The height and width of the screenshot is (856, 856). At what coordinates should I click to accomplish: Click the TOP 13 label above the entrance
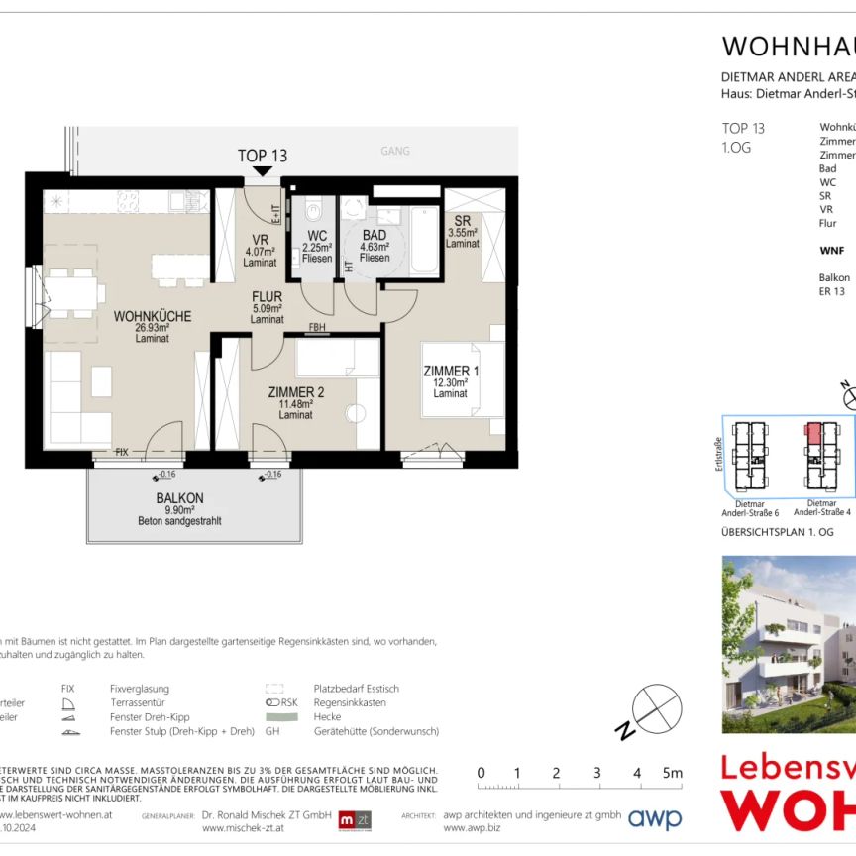263,156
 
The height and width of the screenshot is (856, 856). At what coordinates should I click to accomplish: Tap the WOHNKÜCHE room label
153,317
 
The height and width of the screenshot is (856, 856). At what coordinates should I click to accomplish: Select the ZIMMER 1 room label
451,372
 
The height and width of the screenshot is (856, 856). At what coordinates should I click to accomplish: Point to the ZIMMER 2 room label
296,392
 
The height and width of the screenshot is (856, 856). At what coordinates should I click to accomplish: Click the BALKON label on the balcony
179,499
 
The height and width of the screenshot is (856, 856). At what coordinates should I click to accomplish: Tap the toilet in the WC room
314,210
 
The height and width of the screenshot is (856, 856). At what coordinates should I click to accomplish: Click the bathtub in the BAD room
423,239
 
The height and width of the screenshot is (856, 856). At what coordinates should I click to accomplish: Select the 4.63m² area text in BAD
374,248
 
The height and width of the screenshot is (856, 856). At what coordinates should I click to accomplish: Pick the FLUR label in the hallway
267,296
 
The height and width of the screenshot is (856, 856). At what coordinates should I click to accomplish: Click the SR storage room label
462,221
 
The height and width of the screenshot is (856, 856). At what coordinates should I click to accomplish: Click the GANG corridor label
395,152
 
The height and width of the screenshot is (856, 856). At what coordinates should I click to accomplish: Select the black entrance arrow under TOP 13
263,172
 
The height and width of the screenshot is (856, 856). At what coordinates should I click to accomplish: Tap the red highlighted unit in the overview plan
813,432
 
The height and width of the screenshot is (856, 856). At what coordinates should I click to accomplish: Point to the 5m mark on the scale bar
671,773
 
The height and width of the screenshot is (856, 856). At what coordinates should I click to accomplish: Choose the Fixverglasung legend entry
140,688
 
